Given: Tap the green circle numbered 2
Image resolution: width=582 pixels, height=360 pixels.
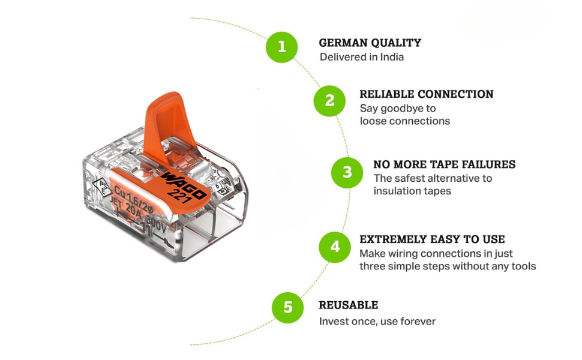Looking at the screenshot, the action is click(329, 101).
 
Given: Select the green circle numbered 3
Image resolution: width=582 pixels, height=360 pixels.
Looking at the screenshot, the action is click(347, 173).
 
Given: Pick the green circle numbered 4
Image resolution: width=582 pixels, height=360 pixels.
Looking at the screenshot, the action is click(334, 247).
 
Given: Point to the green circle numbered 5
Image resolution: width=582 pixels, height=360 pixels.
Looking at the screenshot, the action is click(288, 307).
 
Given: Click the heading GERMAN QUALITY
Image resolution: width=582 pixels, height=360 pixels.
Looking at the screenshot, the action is click(370, 43).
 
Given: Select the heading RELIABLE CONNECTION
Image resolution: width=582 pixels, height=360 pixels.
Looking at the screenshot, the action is click(426, 94).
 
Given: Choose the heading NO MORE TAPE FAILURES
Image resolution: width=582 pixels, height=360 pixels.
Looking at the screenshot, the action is click(444, 164).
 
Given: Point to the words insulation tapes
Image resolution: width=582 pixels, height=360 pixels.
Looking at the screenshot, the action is click(412, 191).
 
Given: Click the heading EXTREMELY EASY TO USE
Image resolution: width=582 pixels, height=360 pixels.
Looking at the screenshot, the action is click(432, 239).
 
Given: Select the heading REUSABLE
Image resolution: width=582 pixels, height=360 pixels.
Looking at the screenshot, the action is click(348, 305).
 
